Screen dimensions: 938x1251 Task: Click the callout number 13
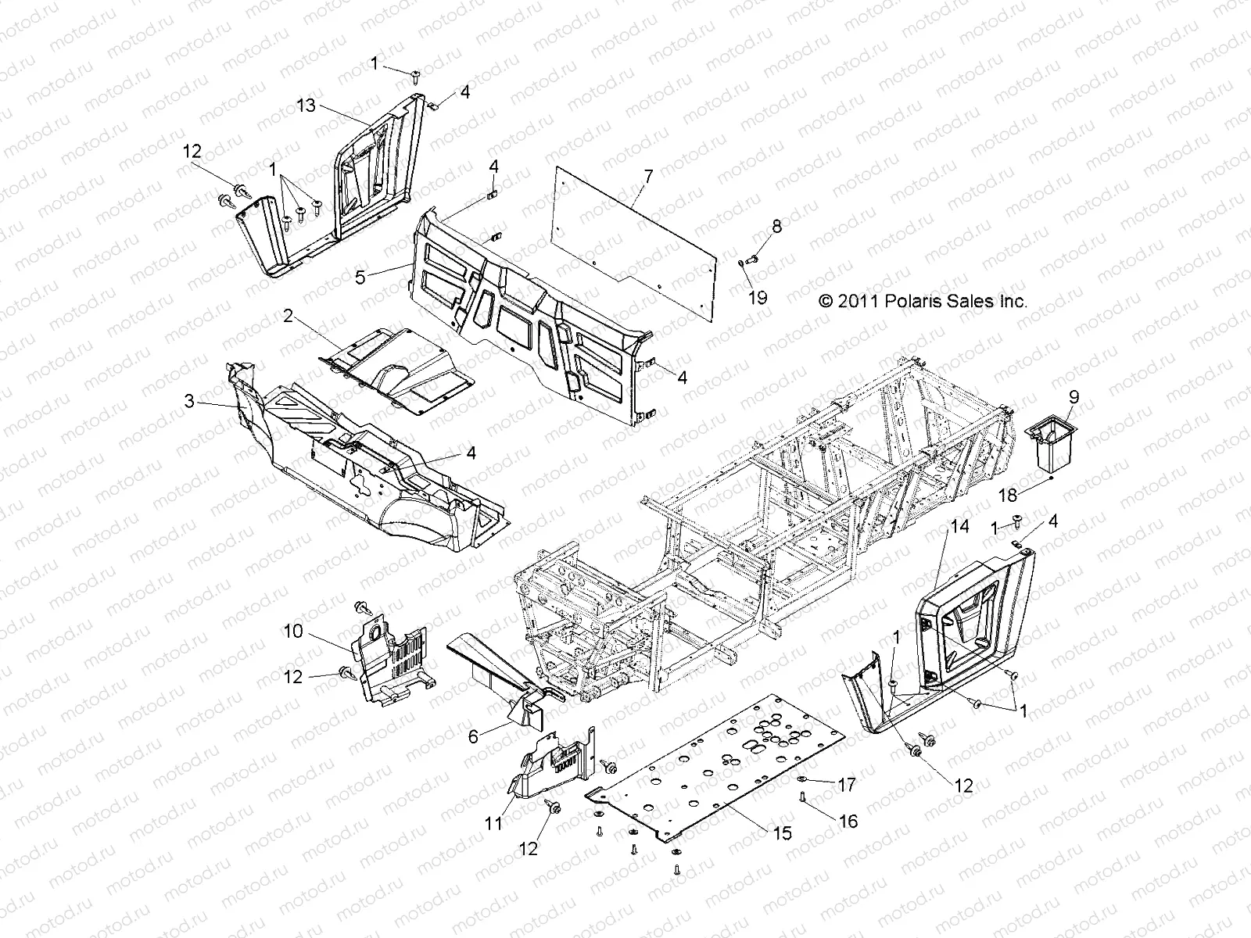[x=306, y=105]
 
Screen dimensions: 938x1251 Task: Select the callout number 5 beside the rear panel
[x=360, y=277]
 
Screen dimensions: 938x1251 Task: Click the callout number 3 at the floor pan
[x=189, y=402]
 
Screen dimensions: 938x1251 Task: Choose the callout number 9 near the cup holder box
[x=1074, y=397]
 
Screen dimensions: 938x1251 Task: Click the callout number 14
[x=960, y=527]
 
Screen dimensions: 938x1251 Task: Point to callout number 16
[x=848, y=821]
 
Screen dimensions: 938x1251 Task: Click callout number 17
[x=847, y=784]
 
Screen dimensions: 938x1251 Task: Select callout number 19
[x=758, y=298]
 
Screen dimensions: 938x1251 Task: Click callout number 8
[x=776, y=227]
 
